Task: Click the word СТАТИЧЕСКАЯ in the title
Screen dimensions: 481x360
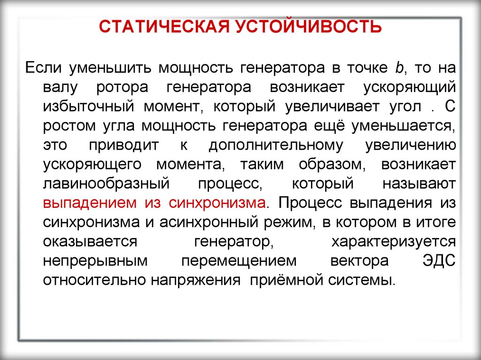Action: pyautogui.click(x=164, y=27)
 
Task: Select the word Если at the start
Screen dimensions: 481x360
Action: pyautogui.click(x=43, y=68)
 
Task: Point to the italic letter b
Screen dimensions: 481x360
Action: pyautogui.click(x=399, y=68)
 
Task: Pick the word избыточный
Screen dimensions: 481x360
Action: pyautogui.click(x=89, y=107)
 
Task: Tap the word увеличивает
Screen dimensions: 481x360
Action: pyautogui.click(x=332, y=107)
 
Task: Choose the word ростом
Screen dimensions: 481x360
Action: pyautogui.click(x=70, y=126)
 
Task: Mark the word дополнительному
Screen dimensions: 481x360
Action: pyautogui.click(x=276, y=146)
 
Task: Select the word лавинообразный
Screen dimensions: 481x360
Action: pyautogui.click(x=106, y=184)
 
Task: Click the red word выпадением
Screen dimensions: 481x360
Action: pyautogui.click(x=90, y=203)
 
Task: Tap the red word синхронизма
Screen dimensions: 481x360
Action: pyautogui.click(x=217, y=203)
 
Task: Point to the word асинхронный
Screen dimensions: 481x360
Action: pyautogui.click(x=209, y=222)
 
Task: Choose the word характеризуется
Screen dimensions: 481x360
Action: pyautogui.click(x=394, y=242)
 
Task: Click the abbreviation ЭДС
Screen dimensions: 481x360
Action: pyautogui.click(x=439, y=261)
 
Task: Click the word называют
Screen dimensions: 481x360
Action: pyautogui.click(x=419, y=184)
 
